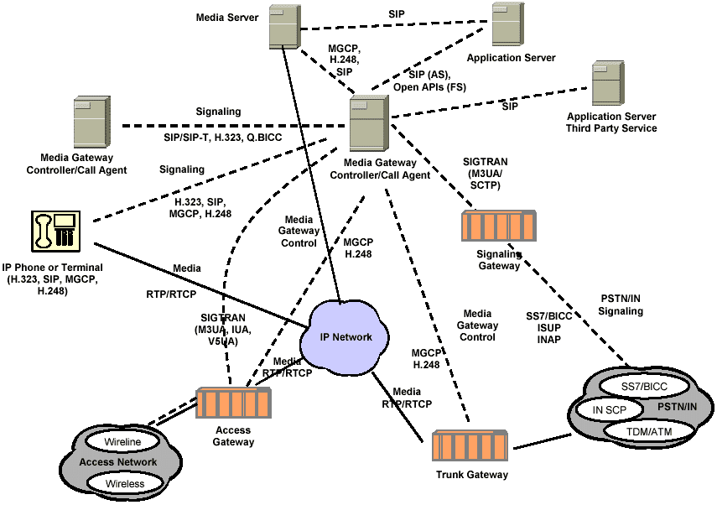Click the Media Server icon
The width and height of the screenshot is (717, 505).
(285, 27)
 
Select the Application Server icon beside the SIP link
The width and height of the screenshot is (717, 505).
(508, 27)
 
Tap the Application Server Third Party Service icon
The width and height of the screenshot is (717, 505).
(607, 82)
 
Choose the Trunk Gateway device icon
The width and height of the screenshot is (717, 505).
(470, 450)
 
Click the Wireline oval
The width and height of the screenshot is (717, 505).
(122, 441)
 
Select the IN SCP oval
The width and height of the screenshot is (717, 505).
(609, 410)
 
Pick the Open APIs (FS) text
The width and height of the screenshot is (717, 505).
(429, 86)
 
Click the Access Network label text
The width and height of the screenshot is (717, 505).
(117, 462)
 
